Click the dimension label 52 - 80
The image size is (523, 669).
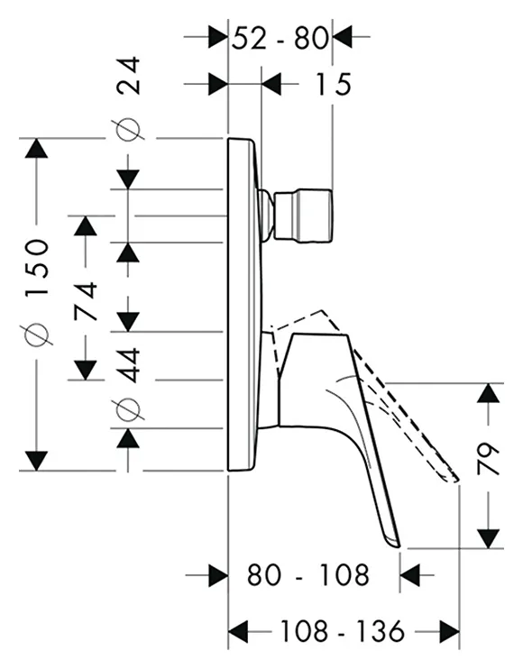pyautogui.click(x=280, y=38)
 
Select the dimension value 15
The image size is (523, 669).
pyautogui.click(x=333, y=84)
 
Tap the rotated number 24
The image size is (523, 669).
pyautogui.click(x=128, y=75)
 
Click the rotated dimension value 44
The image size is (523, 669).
pyautogui.click(x=128, y=365)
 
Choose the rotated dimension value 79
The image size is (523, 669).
pyautogui.click(x=488, y=459)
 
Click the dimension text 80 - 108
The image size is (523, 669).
pyautogui.click(x=308, y=574)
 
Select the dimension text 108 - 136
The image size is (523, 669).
pyautogui.click(x=342, y=630)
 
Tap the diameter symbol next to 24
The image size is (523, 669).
pyautogui.click(x=128, y=128)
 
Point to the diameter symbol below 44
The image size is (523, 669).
pyautogui.click(x=128, y=409)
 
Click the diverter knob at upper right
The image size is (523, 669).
pyautogui.click(x=303, y=215)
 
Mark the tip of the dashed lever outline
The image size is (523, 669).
pyautogui.click(x=456, y=481)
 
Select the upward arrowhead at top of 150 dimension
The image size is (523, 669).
pyautogui.click(x=36, y=149)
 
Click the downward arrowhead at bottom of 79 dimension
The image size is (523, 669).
pyautogui.click(x=488, y=539)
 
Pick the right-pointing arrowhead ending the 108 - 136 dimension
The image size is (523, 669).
pyautogui.click(x=450, y=631)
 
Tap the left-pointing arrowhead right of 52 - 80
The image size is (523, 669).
pyautogui.click(x=343, y=37)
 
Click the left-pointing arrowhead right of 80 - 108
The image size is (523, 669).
pyautogui.click(x=410, y=574)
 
